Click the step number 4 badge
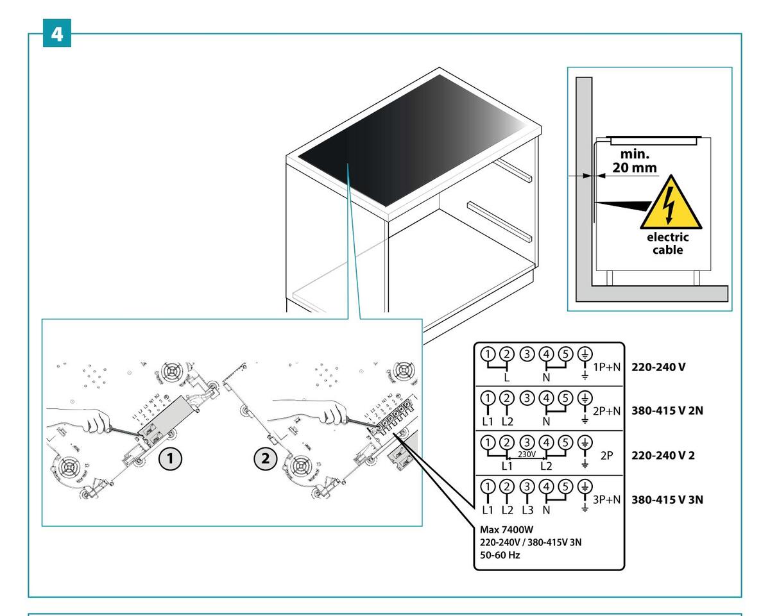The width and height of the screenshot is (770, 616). point(57,33)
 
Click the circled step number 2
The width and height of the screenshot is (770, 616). point(265,459)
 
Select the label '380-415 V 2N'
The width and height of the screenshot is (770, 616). point(667,411)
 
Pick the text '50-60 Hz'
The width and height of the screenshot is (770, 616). point(501,555)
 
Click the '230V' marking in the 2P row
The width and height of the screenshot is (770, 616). point(527,453)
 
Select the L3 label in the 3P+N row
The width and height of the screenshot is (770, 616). point(527,510)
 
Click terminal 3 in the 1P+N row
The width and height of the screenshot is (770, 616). point(527,353)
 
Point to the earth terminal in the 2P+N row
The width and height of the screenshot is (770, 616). point(585,396)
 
